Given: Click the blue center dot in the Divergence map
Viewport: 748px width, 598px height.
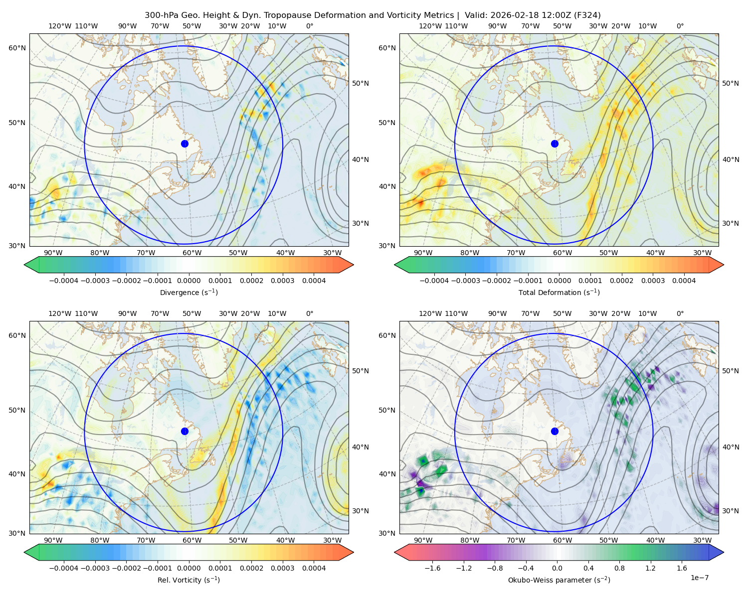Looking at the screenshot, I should tap(185, 144).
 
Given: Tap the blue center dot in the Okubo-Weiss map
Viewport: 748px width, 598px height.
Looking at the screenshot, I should tap(555, 431).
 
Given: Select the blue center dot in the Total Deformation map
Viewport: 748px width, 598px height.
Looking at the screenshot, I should tap(555, 144).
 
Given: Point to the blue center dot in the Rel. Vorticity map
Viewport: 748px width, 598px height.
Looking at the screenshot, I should tap(185, 431).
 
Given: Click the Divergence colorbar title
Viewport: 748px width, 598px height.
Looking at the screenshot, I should tap(188, 293).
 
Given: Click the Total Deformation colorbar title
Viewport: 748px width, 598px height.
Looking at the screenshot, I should tap(559, 293).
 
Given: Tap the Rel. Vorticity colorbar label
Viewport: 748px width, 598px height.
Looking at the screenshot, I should tap(188, 580).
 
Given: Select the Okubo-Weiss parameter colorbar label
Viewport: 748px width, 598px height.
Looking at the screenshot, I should tap(559, 580).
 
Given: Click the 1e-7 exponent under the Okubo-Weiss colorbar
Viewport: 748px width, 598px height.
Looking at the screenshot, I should tap(700, 578).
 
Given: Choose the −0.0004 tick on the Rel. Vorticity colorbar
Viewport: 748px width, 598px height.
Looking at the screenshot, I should tap(63, 569).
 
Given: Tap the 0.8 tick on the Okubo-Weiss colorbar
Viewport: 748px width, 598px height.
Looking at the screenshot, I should tap(619, 569).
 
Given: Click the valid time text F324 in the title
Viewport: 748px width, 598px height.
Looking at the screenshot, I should tap(587, 15).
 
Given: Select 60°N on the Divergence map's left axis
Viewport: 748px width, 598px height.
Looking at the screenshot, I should tap(17, 48).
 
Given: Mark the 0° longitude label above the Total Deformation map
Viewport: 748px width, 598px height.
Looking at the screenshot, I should tap(680, 26).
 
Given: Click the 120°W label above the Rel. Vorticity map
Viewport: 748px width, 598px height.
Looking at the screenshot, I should tap(60, 313).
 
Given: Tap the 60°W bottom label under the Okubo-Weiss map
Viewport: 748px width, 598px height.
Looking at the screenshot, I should tap(562, 540).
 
